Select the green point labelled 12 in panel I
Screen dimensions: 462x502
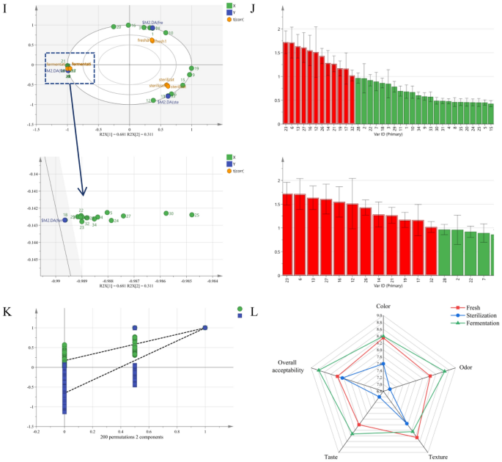(153, 100)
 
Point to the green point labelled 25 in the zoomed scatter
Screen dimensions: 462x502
(192, 215)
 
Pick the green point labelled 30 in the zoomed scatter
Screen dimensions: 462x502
(166, 213)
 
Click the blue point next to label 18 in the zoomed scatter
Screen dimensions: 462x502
(64, 219)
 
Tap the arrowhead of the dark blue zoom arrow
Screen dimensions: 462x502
(83, 194)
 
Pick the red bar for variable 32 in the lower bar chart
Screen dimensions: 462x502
(430, 240)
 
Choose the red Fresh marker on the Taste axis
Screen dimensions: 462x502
(359, 425)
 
